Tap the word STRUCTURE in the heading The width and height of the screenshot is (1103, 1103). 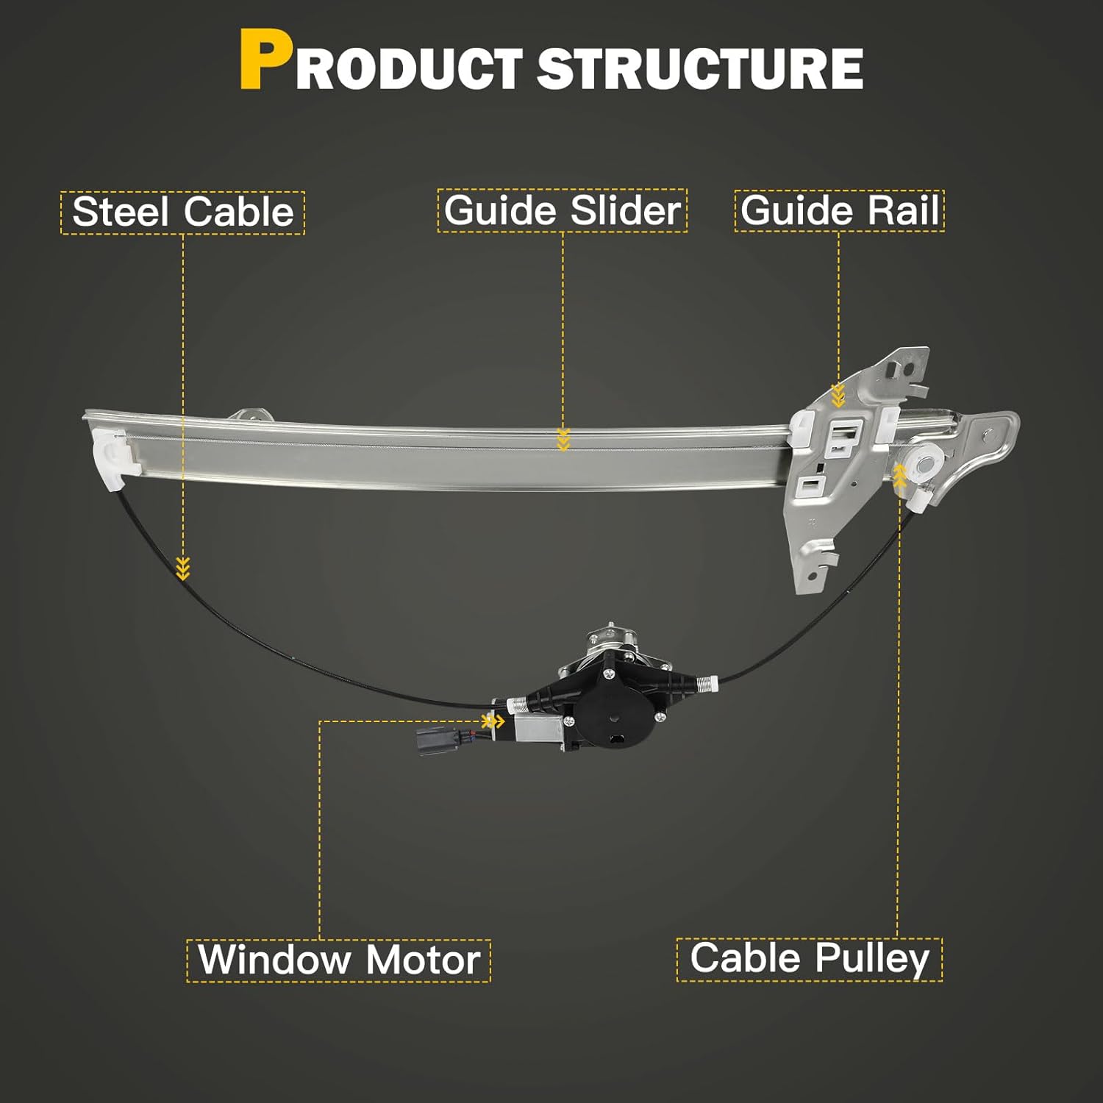pos(700,68)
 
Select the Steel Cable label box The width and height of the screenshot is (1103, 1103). pos(182,213)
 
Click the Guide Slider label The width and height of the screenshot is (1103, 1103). pos(563,211)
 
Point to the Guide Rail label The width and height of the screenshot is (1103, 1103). pos(839,211)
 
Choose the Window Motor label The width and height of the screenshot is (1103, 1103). pos(338,960)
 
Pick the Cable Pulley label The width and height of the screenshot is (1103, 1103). pos(809,958)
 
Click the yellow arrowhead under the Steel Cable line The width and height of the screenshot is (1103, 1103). pos(183,568)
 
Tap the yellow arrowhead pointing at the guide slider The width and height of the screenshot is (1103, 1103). pos(563,439)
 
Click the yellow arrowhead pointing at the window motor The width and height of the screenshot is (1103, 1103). pos(494,721)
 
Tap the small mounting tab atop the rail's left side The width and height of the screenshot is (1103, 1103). pos(251,415)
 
